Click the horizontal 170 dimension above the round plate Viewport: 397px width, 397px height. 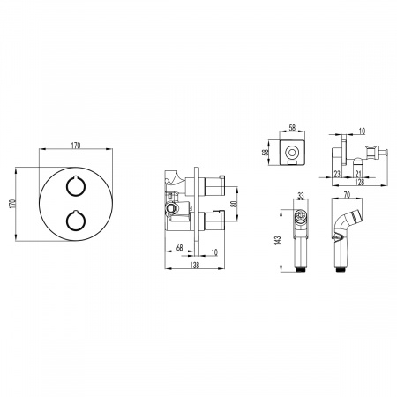(76, 146)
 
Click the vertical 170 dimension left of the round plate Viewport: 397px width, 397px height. (12, 204)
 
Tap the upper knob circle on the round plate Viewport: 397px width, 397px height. (76, 186)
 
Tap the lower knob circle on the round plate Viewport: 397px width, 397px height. (76, 221)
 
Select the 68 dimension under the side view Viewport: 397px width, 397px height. (179, 248)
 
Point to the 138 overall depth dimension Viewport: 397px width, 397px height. (195, 265)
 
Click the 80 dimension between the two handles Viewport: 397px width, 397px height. (235, 204)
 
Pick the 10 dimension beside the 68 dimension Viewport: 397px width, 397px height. (214, 252)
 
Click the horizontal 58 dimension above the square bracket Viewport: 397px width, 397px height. (292, 128)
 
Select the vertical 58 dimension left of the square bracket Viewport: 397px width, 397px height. (266, 153)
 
